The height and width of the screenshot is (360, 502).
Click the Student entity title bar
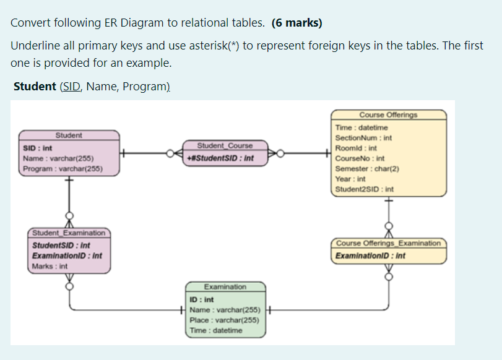(69, 135)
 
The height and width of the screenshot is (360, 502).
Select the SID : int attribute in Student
(38, 149)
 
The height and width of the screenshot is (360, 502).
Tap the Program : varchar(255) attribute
(62, 169)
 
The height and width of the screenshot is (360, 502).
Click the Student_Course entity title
(225, 146)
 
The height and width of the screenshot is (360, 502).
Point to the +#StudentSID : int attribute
(219, 158)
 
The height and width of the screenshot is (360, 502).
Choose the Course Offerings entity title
(388, 115)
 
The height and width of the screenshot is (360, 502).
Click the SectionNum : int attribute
(363, 138)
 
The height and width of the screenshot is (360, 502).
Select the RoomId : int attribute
(355, 148)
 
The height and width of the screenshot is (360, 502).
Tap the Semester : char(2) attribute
(366, 168)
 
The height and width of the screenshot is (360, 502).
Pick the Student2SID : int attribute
(364, 189)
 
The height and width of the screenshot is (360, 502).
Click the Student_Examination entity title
(69, 233)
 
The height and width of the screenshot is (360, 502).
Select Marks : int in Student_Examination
(50, 266)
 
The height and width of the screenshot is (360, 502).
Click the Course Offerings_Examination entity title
(389, 243)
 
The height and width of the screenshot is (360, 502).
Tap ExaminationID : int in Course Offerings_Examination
(370, 255)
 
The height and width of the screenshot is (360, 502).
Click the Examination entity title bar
(225, 287)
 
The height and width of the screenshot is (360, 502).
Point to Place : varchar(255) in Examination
(223, 320)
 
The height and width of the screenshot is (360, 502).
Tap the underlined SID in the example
(71, 86)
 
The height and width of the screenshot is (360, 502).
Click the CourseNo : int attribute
(359, 158)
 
